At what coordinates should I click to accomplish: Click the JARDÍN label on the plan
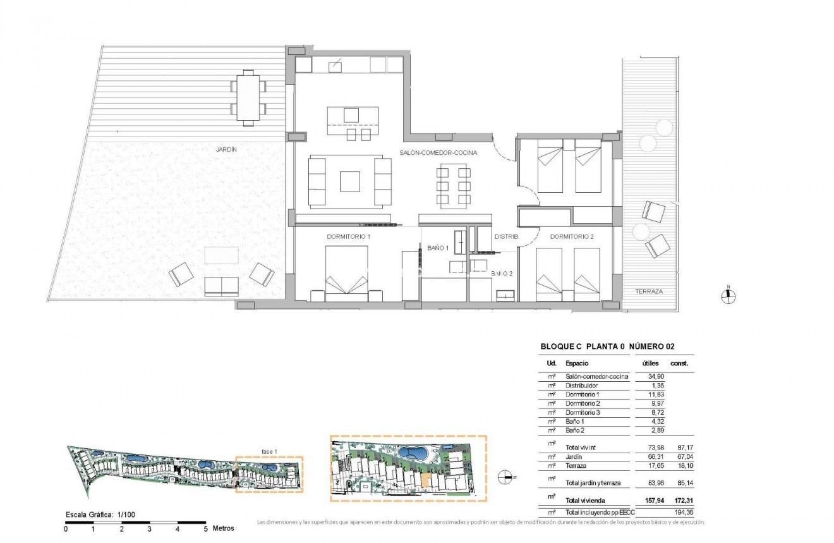pyautogui.click(x=226, y=149)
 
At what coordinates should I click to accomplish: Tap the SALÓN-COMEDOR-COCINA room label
pyautogui.click(x=438, y=153)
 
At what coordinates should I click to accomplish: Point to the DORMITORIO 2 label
pyautogui.click(x=571, y=236)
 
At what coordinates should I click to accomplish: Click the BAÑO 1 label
pyautogui.click(x=437, y=248)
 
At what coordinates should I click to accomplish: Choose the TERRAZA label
pyautogui.click(x=649, y=291)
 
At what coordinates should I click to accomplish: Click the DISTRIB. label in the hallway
pyautogui.click(x=506, y=236)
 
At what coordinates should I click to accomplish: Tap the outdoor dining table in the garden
pyautogui.click(x=248, y=98)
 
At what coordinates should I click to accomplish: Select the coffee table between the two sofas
pyautogui.click(x=349, y=181)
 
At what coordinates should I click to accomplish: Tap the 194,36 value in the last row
pyautogui.click(x=684, y=512)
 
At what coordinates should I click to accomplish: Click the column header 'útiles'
pyautogui.click(x=650, y=363)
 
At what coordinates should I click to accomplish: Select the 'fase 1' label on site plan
pyautogui.click(x=269, y=451)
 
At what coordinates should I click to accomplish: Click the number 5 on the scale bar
pyautogui.click(x=205, y=528)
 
